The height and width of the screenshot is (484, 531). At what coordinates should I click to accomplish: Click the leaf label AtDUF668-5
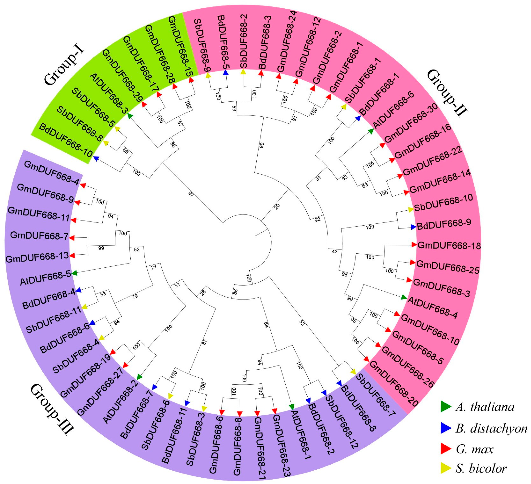pos(45,278)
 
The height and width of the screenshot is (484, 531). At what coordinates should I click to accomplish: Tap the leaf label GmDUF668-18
pos(449,246)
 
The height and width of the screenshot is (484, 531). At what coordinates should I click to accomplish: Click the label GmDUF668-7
pos(39,235)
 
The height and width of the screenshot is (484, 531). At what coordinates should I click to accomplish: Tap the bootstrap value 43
pos(335,251)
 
